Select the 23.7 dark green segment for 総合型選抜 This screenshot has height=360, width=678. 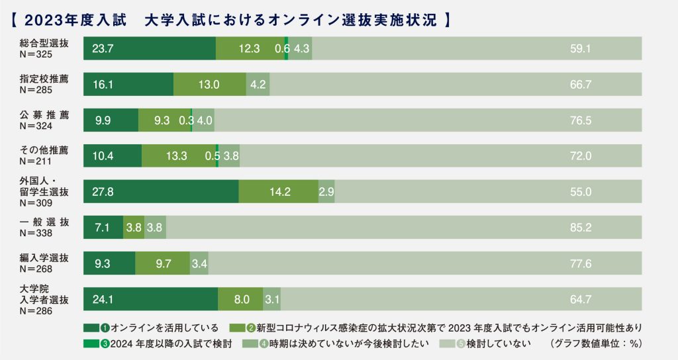click(150, 48)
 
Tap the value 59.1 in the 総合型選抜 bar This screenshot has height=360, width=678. click(580, 48)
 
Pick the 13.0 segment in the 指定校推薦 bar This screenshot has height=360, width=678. click(209, 84)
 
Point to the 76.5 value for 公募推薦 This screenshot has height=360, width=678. click(580, 120)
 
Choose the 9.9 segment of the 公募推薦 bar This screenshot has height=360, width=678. click(111, 120)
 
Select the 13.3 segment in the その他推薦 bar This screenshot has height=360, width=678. click(178, 156)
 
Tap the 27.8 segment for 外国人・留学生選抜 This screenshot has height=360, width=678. click(161, 191)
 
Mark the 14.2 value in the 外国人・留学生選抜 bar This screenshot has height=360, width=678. click(279, 191)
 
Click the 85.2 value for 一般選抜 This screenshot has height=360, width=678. click(580, 227)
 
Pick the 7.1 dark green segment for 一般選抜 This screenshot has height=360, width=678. click(103, 227)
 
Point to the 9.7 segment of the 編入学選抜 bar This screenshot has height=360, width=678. click(162, 263)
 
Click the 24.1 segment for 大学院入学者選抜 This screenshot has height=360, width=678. click(150, 299)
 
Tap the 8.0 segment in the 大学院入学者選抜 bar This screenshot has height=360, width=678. click(240, 299)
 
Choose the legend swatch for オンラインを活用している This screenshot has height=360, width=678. click(91, 328)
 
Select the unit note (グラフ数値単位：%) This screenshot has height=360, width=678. click(596, 343)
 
